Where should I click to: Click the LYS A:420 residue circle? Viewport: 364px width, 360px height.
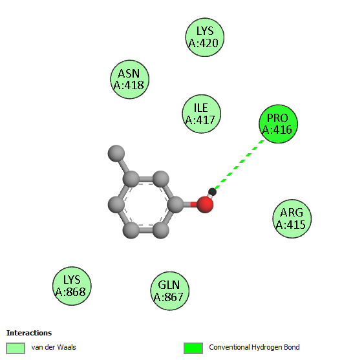(x=205, y=37)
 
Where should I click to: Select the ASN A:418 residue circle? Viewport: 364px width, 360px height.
(x=129, y=79)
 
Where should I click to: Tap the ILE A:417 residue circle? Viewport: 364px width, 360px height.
(x=202, y=114)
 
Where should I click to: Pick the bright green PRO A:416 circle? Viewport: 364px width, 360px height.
(x=279, y=123)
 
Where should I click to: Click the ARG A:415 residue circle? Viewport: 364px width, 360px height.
(x=292, y=218)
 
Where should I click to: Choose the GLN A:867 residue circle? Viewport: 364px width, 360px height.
(x=169, y=291)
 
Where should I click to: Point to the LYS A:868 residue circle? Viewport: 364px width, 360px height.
(x=72, y=286)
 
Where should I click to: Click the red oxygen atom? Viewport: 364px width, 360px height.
(x=205, y=204)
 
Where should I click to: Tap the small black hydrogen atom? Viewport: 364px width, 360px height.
(x=212, y=192)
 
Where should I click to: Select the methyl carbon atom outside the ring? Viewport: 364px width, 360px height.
(x=116, y=153)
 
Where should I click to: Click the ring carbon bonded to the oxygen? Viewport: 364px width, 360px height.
(x=175, y=204)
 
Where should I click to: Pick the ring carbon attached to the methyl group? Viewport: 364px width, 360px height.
(x=131, y=179)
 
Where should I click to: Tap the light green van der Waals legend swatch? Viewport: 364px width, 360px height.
(x=16, y=348)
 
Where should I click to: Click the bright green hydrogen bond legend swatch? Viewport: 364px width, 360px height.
(x=193, y=348)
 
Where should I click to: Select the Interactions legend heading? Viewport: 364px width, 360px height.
(x=29, y=333)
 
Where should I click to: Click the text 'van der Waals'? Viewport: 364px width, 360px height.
(x=54, y=347)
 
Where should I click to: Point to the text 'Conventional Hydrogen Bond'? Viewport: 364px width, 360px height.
(x=254, y=347)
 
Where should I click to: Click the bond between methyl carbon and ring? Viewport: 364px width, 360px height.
(x=123, y=165)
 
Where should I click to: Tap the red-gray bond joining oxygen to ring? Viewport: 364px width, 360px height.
(x=190, y=204)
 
